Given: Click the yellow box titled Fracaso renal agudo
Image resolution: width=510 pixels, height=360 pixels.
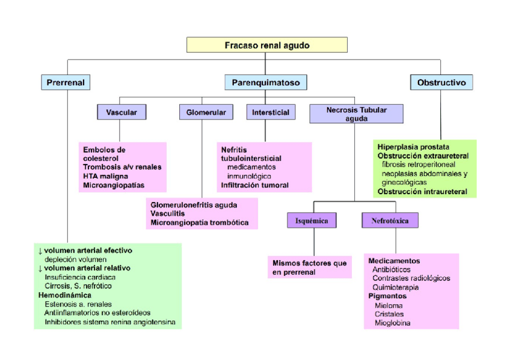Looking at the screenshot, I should point(267,45).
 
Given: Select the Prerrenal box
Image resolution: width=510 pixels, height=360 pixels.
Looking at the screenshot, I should point(66,82).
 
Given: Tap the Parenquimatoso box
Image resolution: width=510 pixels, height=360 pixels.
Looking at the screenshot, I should point(266,82).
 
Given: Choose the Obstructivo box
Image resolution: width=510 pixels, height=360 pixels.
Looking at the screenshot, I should point(441,82).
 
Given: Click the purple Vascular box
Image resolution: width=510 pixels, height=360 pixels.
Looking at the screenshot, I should point(121,112).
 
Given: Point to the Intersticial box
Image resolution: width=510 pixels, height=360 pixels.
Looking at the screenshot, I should point(270,112).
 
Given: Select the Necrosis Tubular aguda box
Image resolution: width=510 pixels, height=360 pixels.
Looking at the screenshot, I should point(356,114).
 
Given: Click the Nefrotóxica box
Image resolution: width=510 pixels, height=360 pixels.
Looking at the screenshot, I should point(390,221).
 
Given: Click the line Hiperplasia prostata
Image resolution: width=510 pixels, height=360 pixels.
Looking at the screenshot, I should point(413,147).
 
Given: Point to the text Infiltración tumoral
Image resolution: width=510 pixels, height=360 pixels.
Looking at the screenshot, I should point(254,185).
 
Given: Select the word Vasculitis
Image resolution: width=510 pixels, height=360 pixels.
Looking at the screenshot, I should point(168,213).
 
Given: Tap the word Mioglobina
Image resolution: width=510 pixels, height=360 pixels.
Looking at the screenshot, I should point(393,323).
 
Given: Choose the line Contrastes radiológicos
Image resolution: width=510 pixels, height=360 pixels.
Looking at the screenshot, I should point(411,278).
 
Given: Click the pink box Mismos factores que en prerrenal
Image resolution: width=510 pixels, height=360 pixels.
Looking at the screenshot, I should point(309,267).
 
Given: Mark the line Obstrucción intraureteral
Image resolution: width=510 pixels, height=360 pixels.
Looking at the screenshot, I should point(422,191).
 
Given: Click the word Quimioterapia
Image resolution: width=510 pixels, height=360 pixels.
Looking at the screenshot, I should point(396,287).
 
